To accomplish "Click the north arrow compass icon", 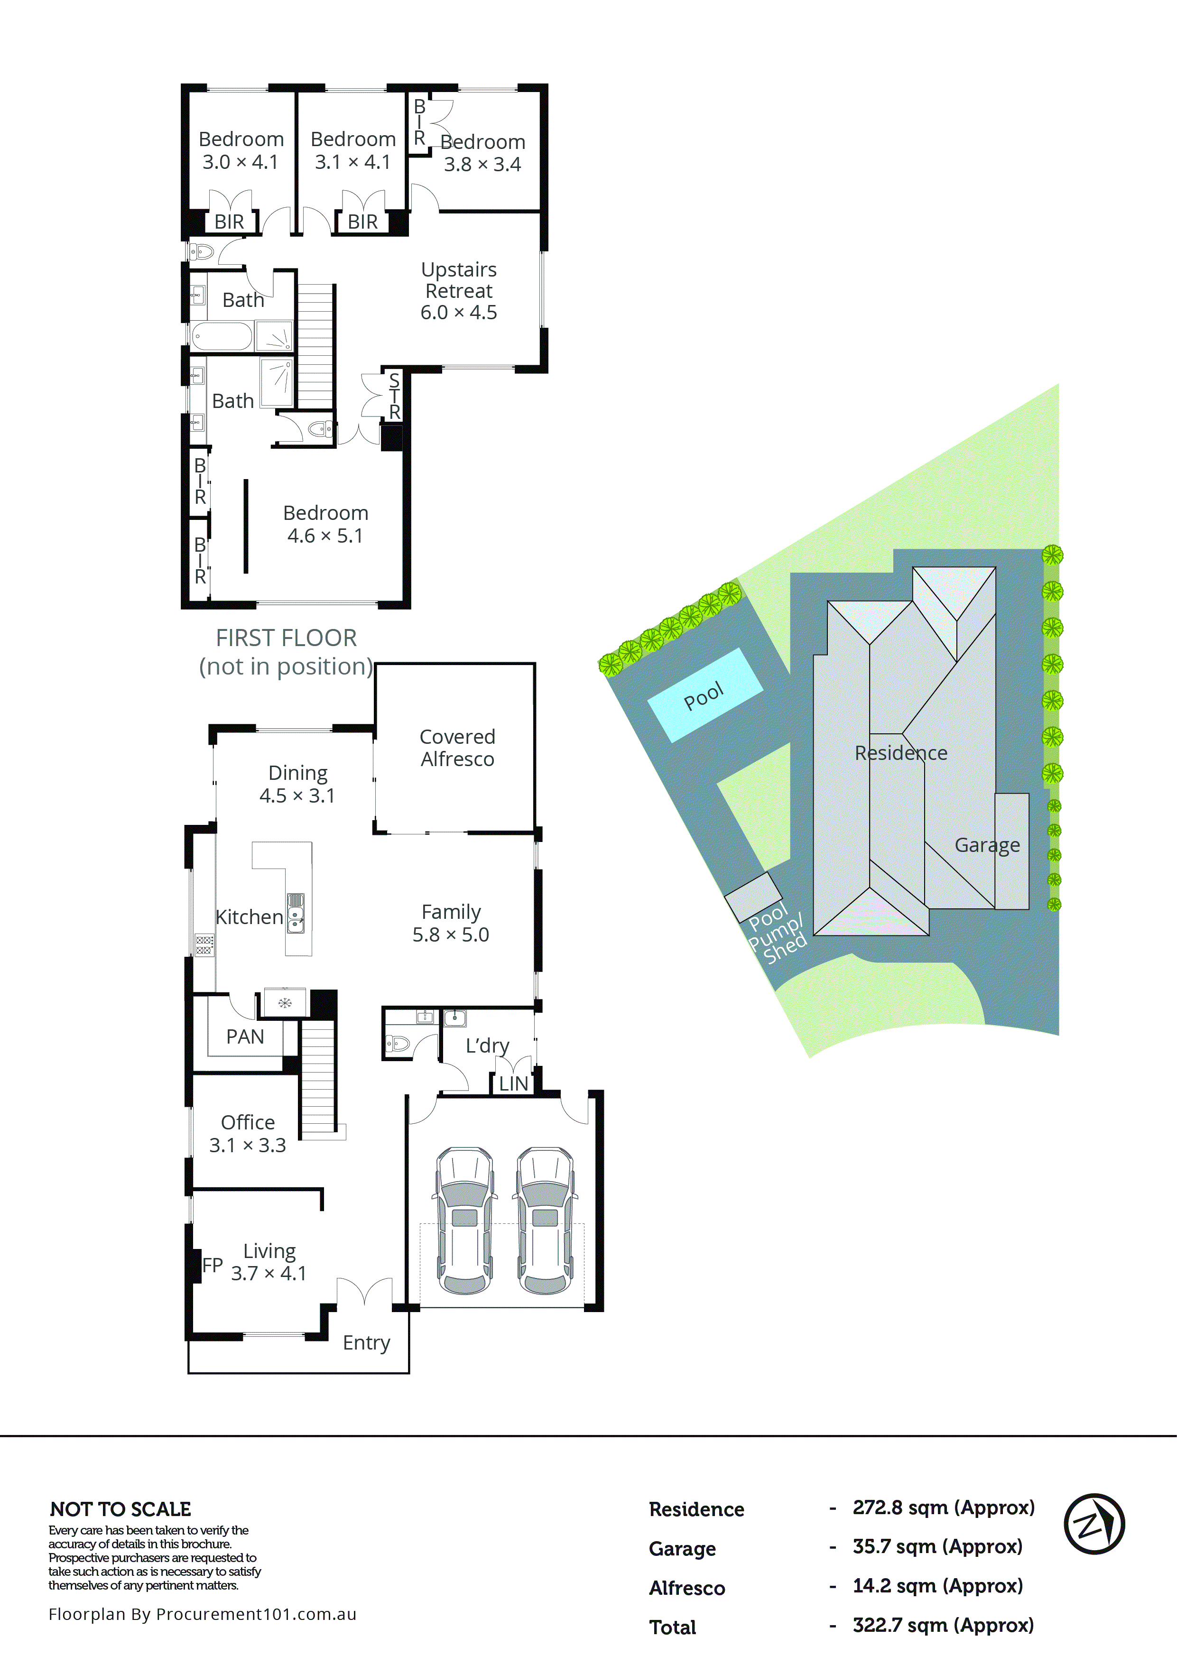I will coord(1094,1524).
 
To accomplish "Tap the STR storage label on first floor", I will coord(394,396).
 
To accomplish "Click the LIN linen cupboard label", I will coord(513,1083).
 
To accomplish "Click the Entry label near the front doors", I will coord(366,1342).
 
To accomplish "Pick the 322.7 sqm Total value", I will coord(943,1625).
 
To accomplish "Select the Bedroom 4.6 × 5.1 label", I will coord(325,524).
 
